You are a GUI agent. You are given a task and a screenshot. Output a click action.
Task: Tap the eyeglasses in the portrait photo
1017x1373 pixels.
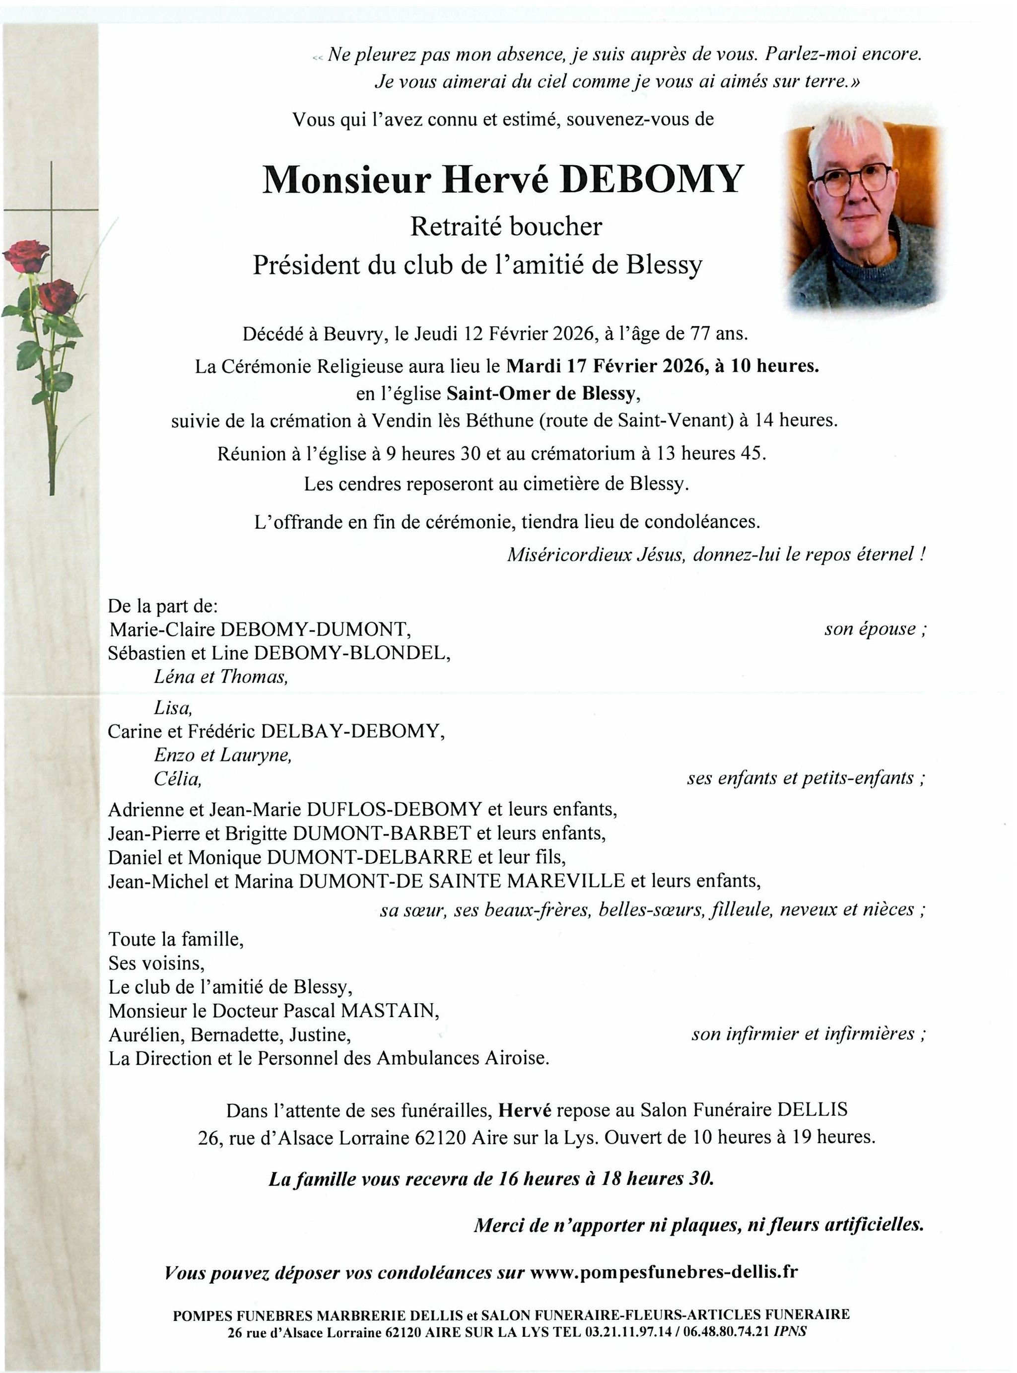[x=853, y=179]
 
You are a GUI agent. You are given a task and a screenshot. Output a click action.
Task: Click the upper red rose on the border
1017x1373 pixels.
[x=26, y=255]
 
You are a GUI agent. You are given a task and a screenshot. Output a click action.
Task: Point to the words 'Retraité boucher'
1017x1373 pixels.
[x=506, y=226]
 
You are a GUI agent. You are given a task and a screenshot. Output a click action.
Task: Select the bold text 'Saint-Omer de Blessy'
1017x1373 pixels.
[x=540, y=393]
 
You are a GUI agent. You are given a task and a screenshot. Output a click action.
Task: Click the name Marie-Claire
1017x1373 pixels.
[x=162, y=629]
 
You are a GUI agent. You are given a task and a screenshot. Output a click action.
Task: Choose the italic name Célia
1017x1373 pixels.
[x=177, y=779]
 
